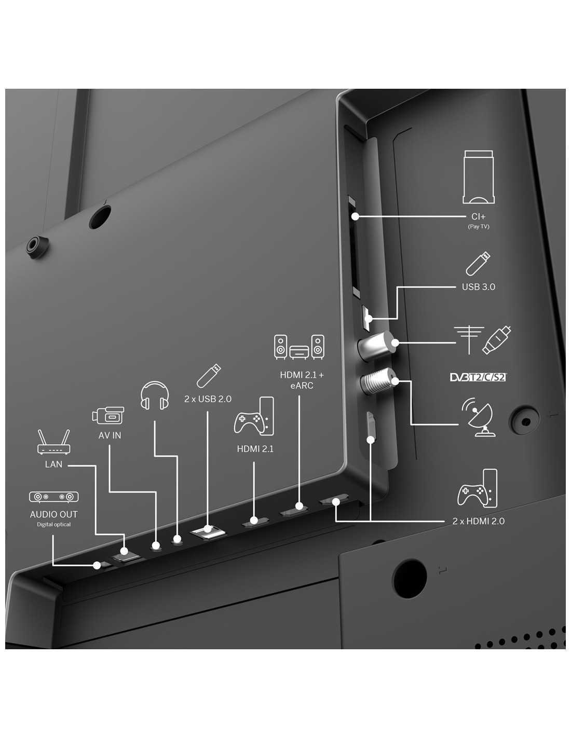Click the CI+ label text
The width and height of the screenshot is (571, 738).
pyautogui.click(x=478, y=217)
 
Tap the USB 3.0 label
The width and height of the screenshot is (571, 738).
pyautogui.click(x=478, y=287)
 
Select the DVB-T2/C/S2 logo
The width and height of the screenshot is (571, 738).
pyautogui.click(x=478, y=377)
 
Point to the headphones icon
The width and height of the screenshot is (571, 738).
pyautogui.click(x=155, y=395)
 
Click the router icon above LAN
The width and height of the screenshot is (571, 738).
pyautogui.click(x=53, y=442)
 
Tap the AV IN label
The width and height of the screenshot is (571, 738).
pyautogui.click(x=110, y=435)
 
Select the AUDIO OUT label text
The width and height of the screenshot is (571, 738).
pyautogui.click(x=53, y=514)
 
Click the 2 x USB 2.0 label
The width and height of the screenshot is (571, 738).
pyautogui.click(x=208, y=399)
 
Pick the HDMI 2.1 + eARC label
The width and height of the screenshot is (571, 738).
pyautogui.click(x=302, y=380)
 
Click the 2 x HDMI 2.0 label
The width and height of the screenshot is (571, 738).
pyautogui.click(x=478, y=521)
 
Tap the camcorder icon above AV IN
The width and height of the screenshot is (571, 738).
pyautogui.click(x=108, y=415)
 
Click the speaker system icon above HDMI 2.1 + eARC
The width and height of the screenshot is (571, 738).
pyautogui.click(x=299, y=347)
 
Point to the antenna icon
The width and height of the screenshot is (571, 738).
pyautogui.click(x=469, y=339)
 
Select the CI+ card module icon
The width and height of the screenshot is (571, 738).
pyautogui.click(x=478, y=177)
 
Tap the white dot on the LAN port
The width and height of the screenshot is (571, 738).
pyautogui.click(x=125, y=551)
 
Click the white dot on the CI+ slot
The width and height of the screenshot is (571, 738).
pyautogui.click(x=355, y=216)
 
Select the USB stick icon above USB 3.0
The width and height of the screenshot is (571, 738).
pyautogui.click(x=478, y=263)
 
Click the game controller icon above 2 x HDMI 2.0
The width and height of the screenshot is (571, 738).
pyautogui.click(x=477, y=489)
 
